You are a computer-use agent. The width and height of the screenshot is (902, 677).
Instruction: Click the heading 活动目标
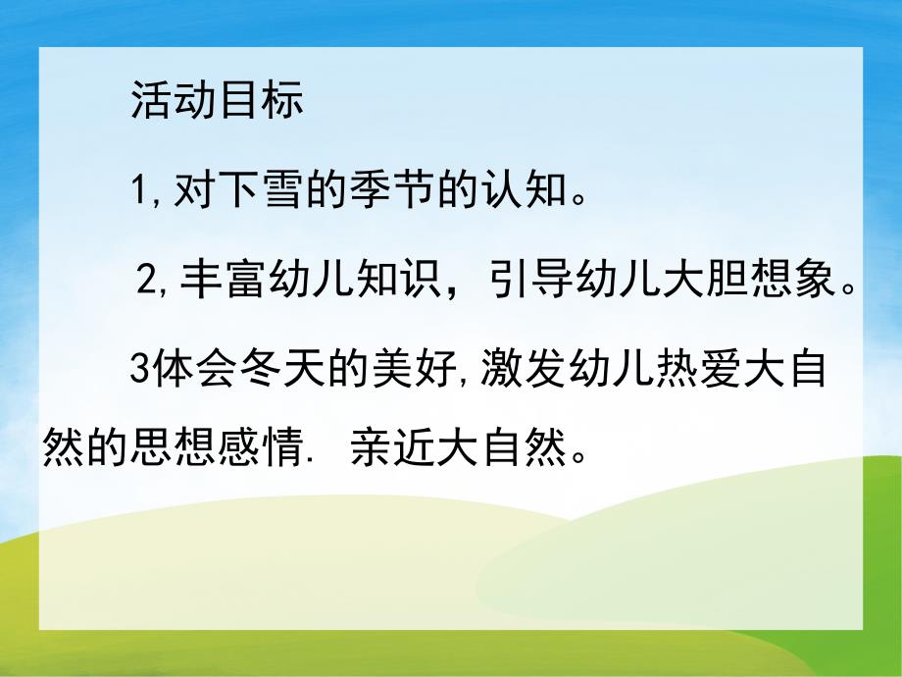pyautogui.click(x=217, y=103)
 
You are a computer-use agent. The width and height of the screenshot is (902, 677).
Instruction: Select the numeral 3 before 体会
pyautogui.click(x=138, y=374)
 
